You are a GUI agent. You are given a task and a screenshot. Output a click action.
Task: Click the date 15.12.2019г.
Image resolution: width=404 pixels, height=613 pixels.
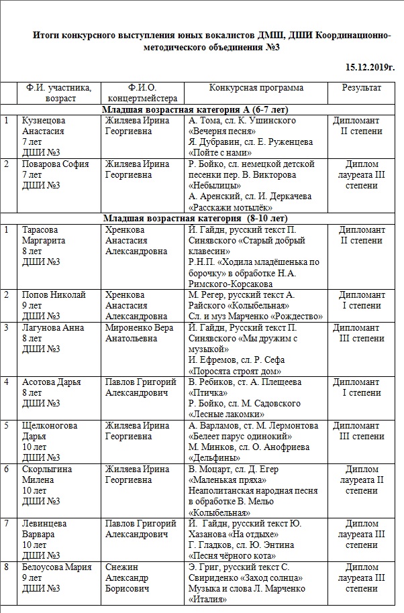coord(370,68)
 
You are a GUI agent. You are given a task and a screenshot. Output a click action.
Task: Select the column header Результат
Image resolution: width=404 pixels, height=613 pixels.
coord(362,88)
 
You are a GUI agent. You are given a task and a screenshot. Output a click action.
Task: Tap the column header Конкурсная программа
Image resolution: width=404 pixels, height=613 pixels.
coord(256,88)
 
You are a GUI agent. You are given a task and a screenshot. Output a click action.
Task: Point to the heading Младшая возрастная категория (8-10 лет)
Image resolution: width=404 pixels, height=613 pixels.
coord(196,219)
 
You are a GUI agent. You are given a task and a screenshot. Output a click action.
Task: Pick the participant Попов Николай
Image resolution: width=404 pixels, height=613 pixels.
coord(54,294)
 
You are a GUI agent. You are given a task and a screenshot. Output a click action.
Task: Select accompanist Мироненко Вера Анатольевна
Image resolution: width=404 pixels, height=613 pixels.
coord(139,333)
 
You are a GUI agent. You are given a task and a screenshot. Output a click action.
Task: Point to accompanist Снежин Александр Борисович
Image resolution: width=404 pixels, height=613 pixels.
coord(133,577)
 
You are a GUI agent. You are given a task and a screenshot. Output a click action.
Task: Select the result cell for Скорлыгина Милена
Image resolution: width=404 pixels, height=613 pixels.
coord(362,480)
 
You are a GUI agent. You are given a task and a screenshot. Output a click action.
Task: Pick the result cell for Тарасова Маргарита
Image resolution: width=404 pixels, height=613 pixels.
coord(362,235)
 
